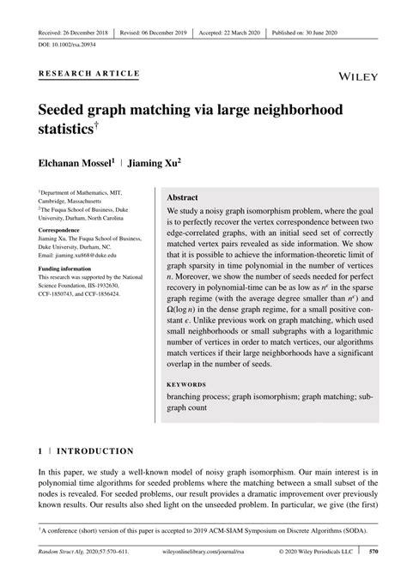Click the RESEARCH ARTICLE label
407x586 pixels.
point(88,74)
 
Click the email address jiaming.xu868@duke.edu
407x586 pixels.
point(93,256)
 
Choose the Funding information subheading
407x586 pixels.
point(70,269)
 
